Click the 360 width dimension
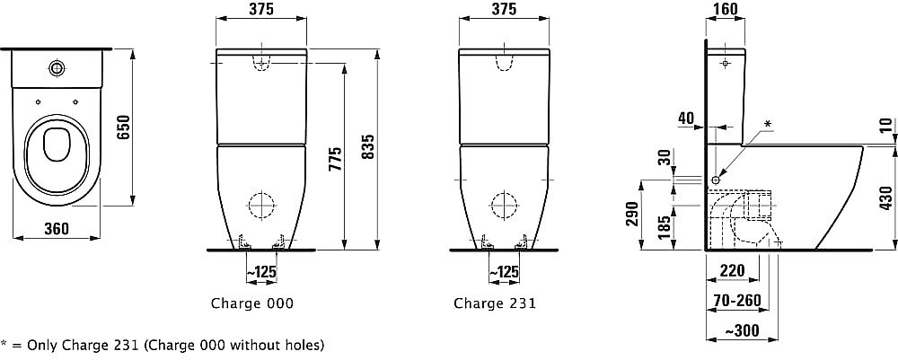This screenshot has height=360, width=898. click(x=56, y=229)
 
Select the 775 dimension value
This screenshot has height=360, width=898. click(x=336, y=159)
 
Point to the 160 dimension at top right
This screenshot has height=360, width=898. click(x=726, y=9)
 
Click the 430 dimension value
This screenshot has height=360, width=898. click(x=885, y=198)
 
